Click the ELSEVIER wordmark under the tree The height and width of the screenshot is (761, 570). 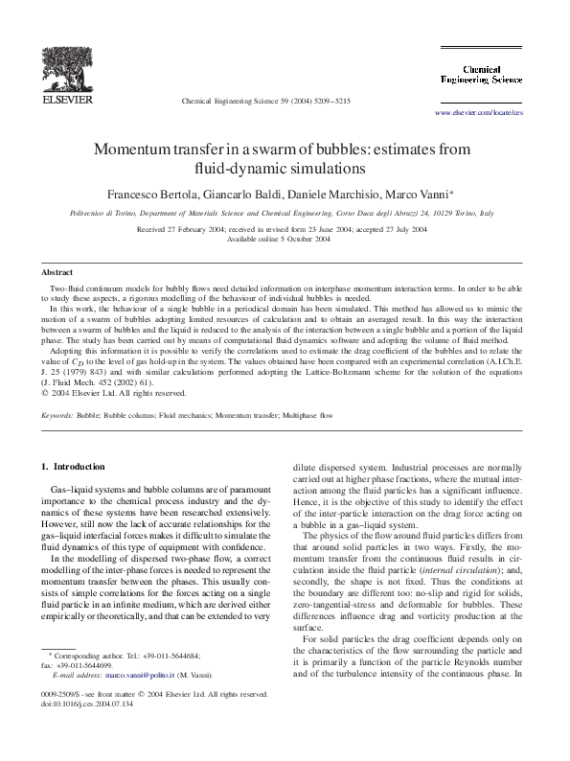(66, 99)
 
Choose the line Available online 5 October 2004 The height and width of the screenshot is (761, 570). (285, 240)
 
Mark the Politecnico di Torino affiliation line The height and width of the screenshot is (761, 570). (285, 217)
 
